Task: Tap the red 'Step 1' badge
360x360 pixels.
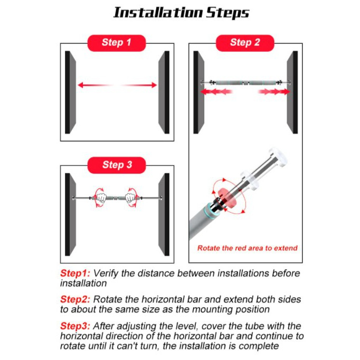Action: click(x=117, y=43)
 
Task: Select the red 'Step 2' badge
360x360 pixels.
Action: click(x=245, y=43)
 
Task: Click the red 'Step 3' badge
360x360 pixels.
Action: click(x=117, y=165)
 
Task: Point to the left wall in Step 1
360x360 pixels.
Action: click(x=71, y=92)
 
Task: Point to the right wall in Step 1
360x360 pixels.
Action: click(x=164, y=92)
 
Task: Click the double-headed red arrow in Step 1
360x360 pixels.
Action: click(x=117, y=85)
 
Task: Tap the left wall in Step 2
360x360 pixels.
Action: click(x=198, y=92)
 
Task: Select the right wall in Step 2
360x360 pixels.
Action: click(x=292, y=92)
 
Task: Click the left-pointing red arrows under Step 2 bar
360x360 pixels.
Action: click(x=216, y=91)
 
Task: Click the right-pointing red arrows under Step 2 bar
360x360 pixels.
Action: click(x=274, y=91)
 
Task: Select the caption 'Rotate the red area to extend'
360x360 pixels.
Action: click(x=247, y=248)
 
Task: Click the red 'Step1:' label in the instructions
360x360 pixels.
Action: click(x=75, y=273)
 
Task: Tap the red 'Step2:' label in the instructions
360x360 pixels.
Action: click(x=75, y=299)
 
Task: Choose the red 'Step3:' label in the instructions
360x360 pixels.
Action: click(x=75, y=326)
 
